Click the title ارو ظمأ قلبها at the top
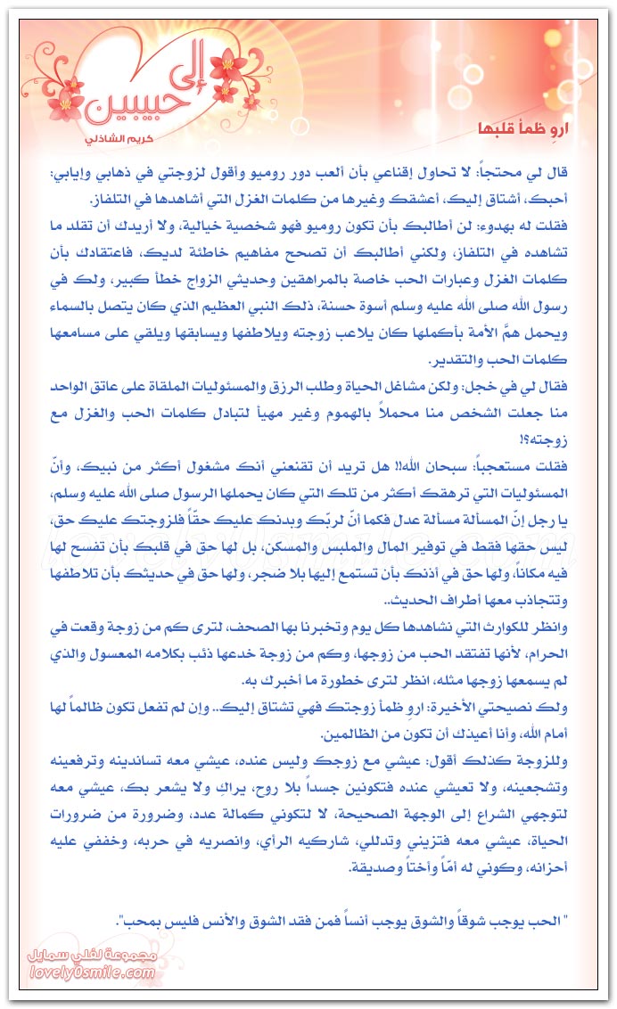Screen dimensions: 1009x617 point(534,127)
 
